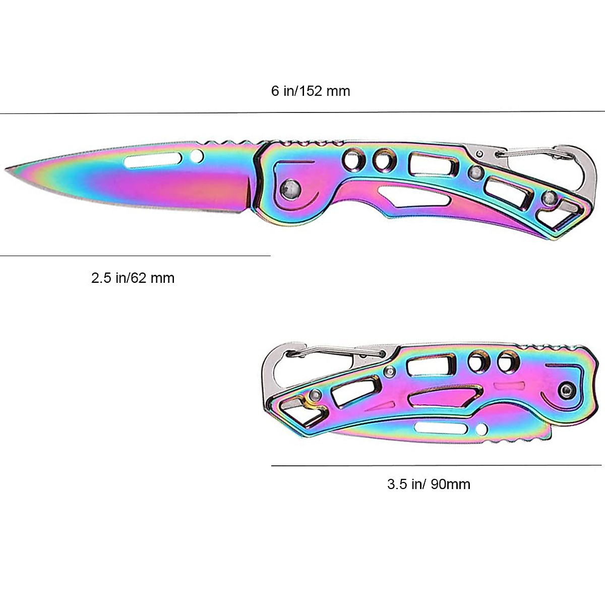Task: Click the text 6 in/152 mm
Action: click(x=310, y=91)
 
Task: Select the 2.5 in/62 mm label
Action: click(x=133, y=278)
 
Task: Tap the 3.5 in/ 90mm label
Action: click(x=429, y=485)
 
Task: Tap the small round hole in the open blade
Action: click(x=197, y=157)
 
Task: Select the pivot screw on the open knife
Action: click(x=290, y=188)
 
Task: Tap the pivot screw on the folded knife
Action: click(x=567, y=390)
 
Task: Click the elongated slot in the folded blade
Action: click(x=439, y=429)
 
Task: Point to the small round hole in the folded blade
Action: click(x=482, y=429)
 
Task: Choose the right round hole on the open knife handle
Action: click(x=384, y=161)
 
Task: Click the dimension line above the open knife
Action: click(x=302, y=112)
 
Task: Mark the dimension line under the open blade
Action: click(x=135, y=256)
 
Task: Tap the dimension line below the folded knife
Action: click(x=436, y=465)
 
